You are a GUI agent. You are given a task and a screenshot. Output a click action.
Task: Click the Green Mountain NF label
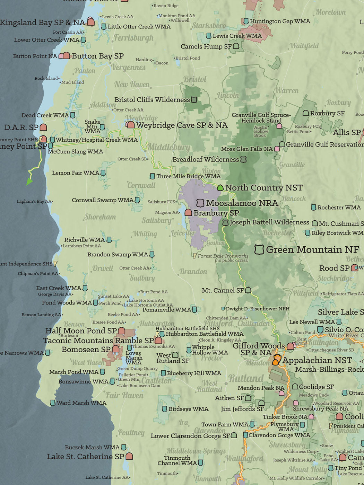click(x=312, y=249)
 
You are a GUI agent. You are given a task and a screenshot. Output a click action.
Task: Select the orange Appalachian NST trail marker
click(x=276, y=360)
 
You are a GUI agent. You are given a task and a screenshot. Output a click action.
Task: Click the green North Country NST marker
click(x=220, y=188)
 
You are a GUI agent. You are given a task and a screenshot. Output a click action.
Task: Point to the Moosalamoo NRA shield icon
click(x=200, y=203)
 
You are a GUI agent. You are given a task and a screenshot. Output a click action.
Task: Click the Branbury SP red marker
click(x=188, y=212)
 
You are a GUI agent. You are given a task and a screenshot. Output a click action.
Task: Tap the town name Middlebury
click(x=168, y=147)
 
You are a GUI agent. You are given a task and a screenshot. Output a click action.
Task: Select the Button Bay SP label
click(x=98, y=56)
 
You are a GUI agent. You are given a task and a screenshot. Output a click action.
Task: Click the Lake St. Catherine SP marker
click(x=129, y=456)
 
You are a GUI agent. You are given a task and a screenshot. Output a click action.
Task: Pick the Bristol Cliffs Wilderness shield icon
click(x=194, y=100)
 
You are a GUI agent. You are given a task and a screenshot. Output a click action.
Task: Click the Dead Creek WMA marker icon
click(x=73, y=115)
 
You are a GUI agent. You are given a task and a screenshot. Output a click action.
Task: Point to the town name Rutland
click(x=246, y=378)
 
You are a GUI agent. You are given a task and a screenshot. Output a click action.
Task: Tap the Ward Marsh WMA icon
click(x=53, y=403)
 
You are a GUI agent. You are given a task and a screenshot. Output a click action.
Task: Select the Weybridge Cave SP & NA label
click(x=182, y=125)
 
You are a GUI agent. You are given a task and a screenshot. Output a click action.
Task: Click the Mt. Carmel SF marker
click(x=248, y=290)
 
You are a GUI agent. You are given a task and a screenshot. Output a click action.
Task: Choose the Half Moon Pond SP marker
click(x=121, y=330)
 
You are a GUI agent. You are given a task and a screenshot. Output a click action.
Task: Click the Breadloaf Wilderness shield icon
click(x=243, y=159)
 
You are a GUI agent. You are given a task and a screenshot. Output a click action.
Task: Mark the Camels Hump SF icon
click(x=236, y=46)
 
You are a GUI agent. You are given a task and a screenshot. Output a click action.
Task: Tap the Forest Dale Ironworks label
click(x=223, y=256)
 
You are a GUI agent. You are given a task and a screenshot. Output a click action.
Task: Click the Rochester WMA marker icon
click(x=313, y=207)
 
